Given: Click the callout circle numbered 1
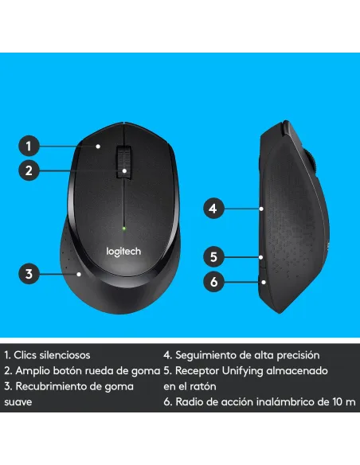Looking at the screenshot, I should click(x=29, y=146).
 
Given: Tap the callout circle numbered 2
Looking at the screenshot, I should click(x=29, y=170).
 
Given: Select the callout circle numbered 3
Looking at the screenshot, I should click(x=29, y=274).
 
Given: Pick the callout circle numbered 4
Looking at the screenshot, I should click(x=212, y=209).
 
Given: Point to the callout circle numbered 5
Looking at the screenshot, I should click(x=212, y=256).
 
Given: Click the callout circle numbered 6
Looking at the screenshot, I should click(x=212, y=280).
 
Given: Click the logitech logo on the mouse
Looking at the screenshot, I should click(x=123, y=252).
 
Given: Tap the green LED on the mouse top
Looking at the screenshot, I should click(x=123, y=228).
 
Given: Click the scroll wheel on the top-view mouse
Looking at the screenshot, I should click(x=123, y=159).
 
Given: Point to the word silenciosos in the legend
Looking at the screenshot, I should click(x=63, y=355).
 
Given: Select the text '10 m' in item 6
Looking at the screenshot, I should click(x=345, y=402).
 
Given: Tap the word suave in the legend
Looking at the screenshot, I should click(x=18, y=402).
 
